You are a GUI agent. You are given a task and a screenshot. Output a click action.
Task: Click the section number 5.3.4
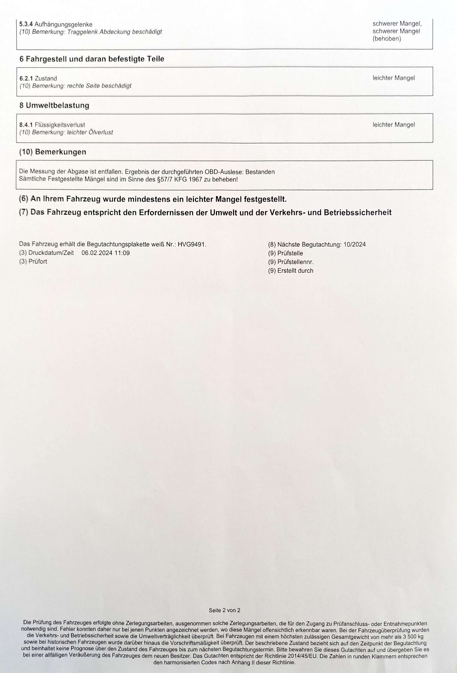click(26, 24)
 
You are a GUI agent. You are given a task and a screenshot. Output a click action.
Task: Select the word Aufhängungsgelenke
click(63, 24)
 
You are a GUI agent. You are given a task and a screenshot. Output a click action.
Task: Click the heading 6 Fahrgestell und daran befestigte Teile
click(92, 59)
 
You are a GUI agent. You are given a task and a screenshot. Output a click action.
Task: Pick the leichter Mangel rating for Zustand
click(393, 78)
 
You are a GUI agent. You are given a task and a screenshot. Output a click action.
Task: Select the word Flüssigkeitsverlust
click(60, 125)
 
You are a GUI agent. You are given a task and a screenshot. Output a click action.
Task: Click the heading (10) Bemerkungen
click(53, 152)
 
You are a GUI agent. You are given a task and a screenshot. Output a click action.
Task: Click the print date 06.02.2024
click(97, 253)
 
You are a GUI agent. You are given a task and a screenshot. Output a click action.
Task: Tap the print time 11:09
click(122, 253)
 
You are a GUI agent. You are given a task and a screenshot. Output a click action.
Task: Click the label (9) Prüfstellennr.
click(291, 262)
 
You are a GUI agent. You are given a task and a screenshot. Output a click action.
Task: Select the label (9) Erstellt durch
click(290, 271)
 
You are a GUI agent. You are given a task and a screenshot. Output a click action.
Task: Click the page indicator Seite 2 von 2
click(224, 610)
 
